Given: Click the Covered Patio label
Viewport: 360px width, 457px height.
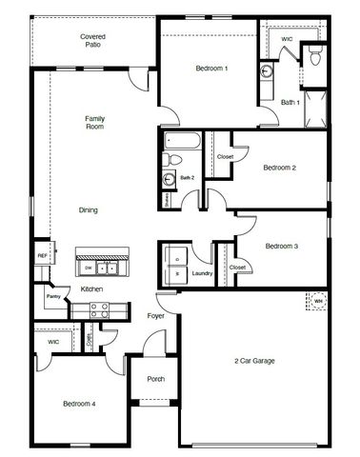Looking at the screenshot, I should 92,40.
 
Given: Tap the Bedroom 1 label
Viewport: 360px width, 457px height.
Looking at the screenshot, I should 211,68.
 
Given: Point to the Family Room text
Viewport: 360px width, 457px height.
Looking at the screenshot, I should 93,121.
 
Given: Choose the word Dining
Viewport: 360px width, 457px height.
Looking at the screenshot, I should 89,210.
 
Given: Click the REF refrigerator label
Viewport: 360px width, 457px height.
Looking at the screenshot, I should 42,256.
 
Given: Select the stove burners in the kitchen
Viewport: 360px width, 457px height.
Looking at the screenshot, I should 100,308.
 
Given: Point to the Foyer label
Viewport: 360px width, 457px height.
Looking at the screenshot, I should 156,316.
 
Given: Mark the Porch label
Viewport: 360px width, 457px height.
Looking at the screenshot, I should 155,379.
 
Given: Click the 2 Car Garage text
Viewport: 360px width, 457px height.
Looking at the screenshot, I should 255,361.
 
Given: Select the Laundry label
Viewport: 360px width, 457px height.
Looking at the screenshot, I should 202,273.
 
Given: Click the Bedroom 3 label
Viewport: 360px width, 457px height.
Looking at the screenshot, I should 282,246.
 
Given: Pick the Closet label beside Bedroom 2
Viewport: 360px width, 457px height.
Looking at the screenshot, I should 226,157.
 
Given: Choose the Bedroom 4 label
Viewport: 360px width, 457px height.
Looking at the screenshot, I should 79,404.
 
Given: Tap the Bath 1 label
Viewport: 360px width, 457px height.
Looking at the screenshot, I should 290,102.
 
